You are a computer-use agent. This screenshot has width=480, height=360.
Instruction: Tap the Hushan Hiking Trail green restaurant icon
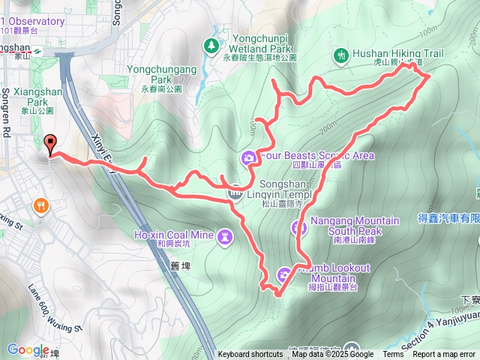click(341, 55)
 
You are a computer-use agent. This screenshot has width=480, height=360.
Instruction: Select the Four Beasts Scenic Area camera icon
click(248, 157)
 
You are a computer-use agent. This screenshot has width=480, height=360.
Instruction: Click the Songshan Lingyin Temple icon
click(235, 192)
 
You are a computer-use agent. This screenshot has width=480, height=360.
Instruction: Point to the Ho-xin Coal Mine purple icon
click(226, 237)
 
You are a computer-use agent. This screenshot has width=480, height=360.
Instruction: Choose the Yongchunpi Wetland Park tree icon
click(212, 46)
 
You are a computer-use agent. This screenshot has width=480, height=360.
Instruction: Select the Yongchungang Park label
click(162, 73)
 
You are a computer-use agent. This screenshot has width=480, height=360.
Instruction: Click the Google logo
click(28, 349)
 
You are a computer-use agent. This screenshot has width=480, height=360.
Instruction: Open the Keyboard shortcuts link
click(250, 355)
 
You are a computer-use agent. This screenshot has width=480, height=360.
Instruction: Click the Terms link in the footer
click(393, 355)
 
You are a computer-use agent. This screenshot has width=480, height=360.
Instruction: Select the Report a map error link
click(444, 355)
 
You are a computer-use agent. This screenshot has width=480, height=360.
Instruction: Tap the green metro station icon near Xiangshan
click(37, 52)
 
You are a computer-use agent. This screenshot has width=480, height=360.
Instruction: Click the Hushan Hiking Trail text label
click(398, 54)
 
